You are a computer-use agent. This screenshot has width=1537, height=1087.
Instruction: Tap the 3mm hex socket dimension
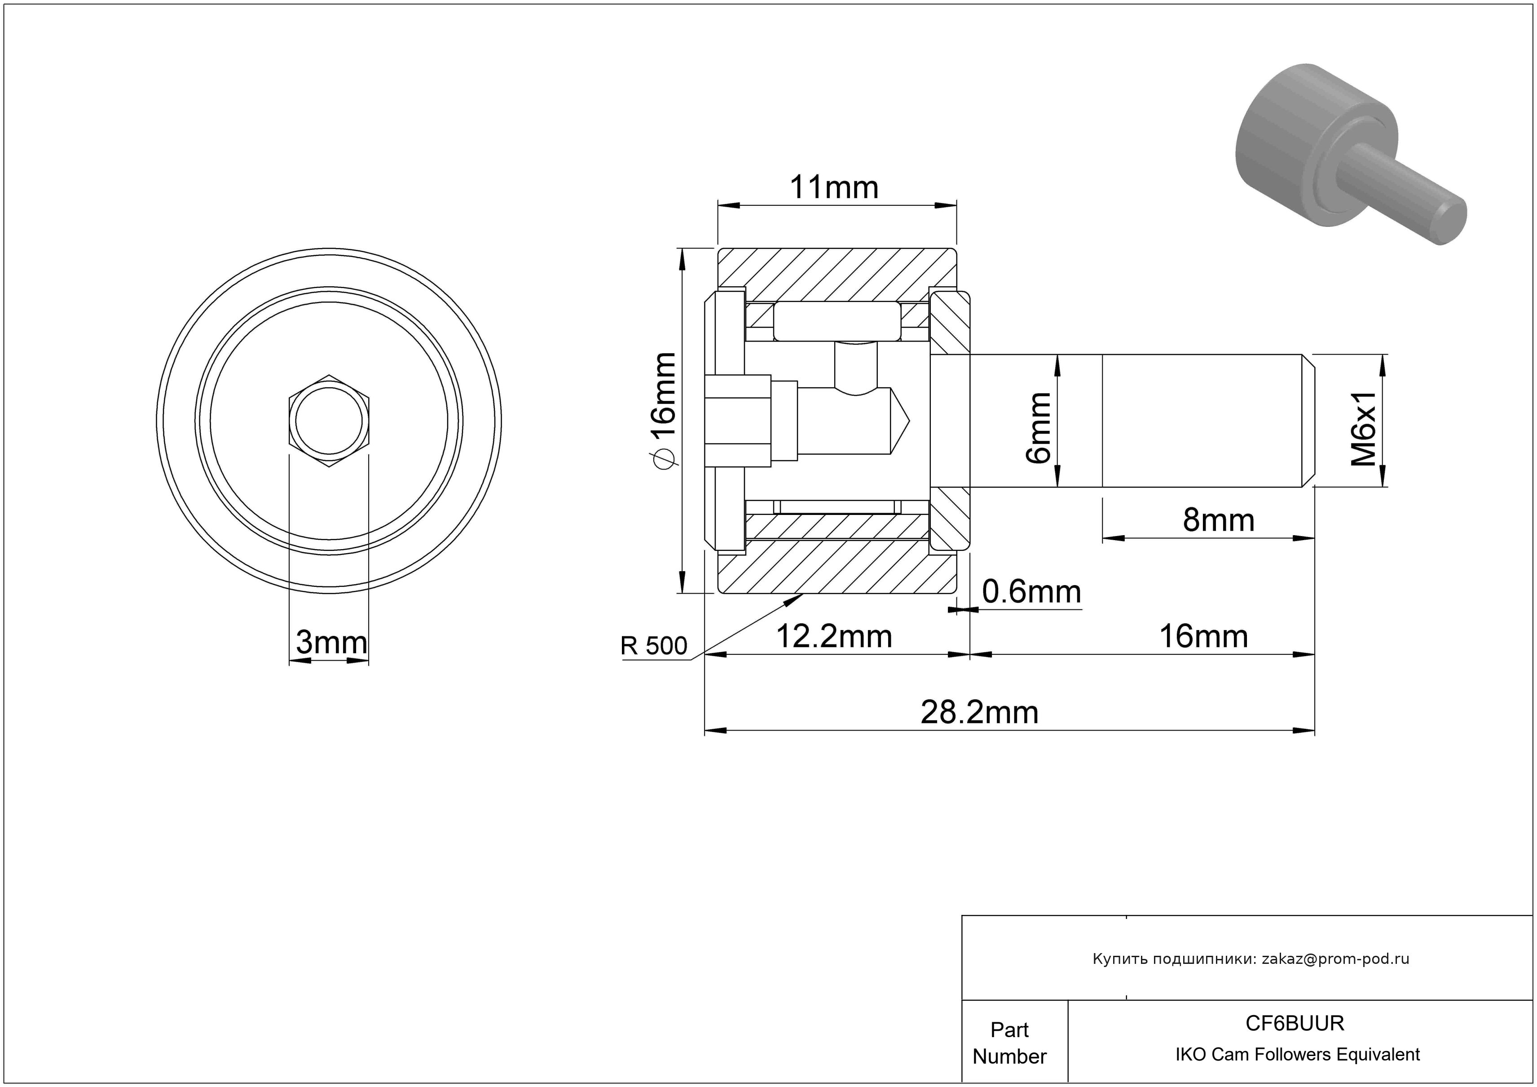[331, 643]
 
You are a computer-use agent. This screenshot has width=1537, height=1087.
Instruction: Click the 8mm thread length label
[1218, 520]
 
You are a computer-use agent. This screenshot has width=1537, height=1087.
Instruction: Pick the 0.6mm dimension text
[1031, 592]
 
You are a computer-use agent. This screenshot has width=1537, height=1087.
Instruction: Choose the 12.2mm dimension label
[834, 637]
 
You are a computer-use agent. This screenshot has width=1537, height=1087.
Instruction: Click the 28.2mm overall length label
[979, 713]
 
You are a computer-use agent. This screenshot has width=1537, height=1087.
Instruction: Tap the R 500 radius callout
[653, 646]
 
